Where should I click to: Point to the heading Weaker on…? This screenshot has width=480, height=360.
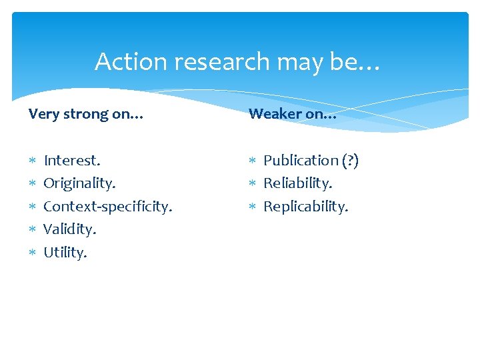tap(292, 114)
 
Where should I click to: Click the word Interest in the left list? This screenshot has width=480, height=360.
tap(71, 160)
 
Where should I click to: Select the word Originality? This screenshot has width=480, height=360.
tap(79, 183)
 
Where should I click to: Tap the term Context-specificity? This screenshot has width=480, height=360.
tap(107, 206)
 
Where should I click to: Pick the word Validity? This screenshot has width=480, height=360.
tap(69, 229)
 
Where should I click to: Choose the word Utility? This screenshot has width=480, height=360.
tap(65, 252)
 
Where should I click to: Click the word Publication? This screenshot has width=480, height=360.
tap(301, 160)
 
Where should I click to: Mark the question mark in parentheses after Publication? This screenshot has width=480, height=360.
tap(351, 160)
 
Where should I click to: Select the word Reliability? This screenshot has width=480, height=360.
tap(297, 183)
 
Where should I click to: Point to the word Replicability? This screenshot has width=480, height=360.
tap(305, 206)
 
